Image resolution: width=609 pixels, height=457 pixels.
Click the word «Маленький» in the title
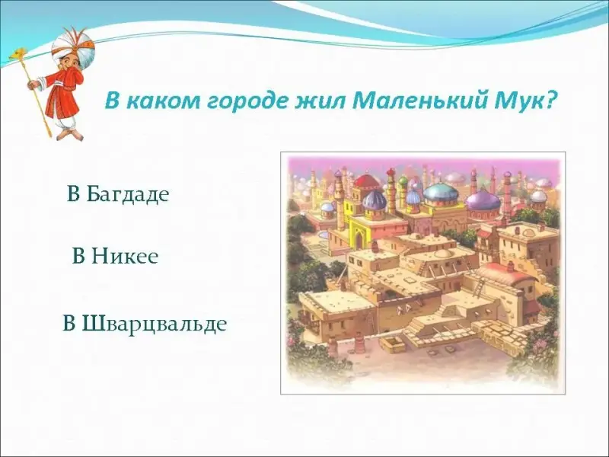[x=421, y=101]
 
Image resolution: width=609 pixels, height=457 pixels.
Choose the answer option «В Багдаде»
[x=118, y=193]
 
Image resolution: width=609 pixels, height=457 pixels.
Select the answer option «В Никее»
[x=116, y=256]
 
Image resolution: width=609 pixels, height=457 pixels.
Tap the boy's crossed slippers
[x=70, y=134]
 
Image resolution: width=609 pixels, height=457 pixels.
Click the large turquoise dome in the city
[x=442, y=193]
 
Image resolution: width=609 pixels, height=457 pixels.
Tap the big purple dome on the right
[x=483, y=200]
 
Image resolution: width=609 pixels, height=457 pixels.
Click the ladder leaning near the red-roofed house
[x=479, y=288]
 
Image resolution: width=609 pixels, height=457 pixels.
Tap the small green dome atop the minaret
[x=403, y=181]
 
